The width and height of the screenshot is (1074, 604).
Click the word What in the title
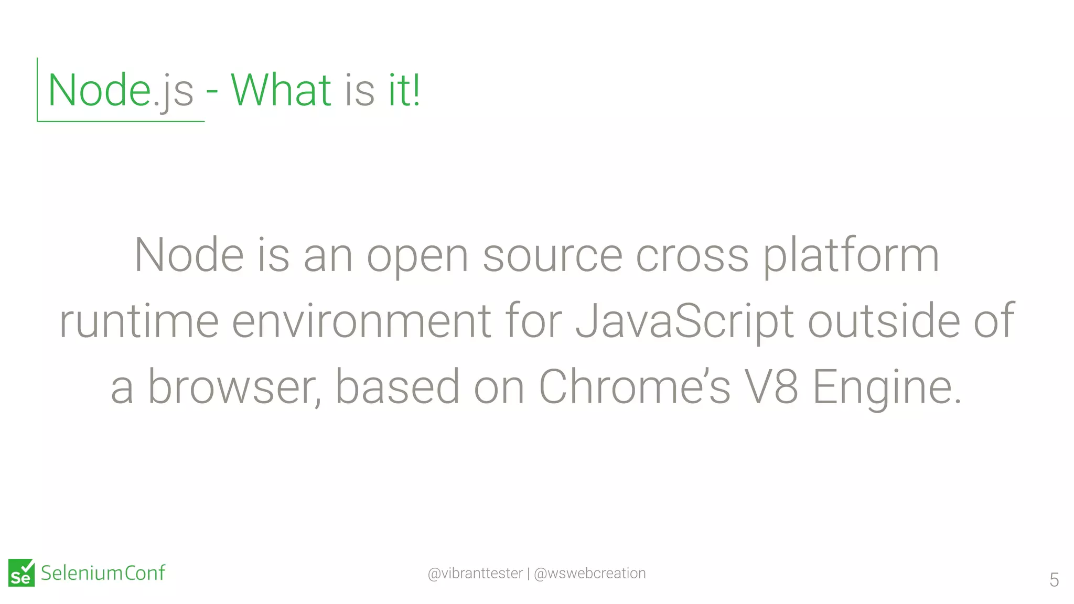pyautogui.click(x=281, y=90)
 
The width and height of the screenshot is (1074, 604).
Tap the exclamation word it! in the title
pyautogui.click(x=404, y=90)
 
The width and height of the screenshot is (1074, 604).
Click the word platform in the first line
pyautogui.click(x=850, y=256)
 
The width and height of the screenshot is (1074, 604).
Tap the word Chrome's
pyautogui.click(x=634, y=387)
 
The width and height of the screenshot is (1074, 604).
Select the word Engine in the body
pyautogui.click(x=886, y=388)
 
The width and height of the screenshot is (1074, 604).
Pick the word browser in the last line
pyautogui.click(x=234, y=387)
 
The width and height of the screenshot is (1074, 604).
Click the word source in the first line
pyautogui.click(x=552, y=257)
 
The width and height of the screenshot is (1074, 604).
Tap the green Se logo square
pyautogui.click(x=22, y=573)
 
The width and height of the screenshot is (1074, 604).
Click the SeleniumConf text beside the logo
pyautogui.click(x=103, y=573)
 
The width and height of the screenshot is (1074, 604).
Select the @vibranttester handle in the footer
pyautogui.click(x=475, y=573)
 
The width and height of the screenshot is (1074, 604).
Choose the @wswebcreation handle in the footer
pyautogui.click(x=589, y=573)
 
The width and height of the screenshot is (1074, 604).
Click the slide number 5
pyautogui.click(x=1054, y=580)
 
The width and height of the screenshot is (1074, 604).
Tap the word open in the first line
pyautogui.click(x=417, y=257)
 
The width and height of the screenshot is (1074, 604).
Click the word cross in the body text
pyautogui.click(x=692, y=257)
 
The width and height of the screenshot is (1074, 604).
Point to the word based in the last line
pyautogui.click(x=397, y=387)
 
